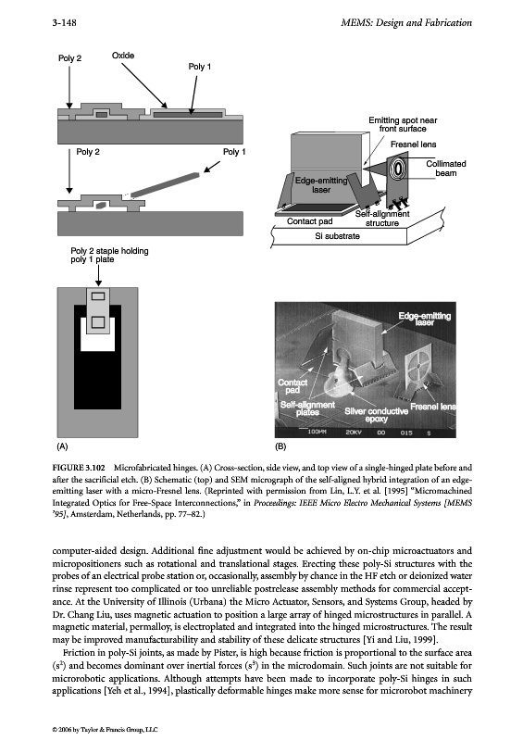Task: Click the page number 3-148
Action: (x=64, y=22)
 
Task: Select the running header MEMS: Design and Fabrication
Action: (x=406, y=22)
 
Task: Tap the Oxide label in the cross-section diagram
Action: (x=123, y=56)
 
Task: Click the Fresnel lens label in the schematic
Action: (x=414, y=144)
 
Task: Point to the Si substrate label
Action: (x=337, y=236)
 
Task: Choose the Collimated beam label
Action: (x=446, y=169)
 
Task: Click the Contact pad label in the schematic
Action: (x=309, y=221)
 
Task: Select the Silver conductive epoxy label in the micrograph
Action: (x=376, y=415)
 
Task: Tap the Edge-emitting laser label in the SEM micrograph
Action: (x=424, y=319)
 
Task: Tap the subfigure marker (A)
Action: (x=62, y=446)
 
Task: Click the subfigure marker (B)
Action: (x=280, y=446)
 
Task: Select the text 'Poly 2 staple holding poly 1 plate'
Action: (x=109, y=256)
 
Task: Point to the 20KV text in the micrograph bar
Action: (x=353, y=433)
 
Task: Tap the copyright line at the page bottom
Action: (x=105, y=729)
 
